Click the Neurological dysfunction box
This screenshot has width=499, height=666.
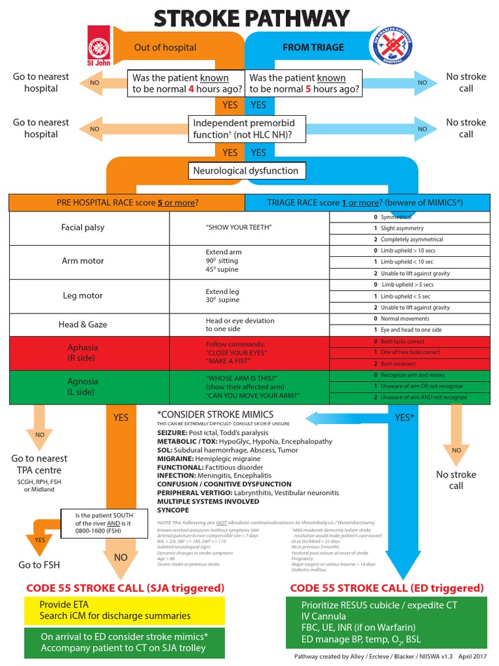[246, 171]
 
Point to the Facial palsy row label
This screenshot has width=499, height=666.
[83, 228]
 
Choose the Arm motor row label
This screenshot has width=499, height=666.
[83, 261]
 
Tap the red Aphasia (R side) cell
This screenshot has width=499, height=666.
[83, 353]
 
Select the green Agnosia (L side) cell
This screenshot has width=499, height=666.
[83, 386]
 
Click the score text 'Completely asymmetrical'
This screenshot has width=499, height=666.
[411, 239]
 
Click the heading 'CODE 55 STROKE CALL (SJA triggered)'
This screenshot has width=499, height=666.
[125, 588]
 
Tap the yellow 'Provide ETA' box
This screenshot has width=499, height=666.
[124, 610]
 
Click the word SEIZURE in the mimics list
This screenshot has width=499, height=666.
[172, 433]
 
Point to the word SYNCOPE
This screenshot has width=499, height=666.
[173, 511]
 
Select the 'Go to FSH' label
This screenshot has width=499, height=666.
[40, 565]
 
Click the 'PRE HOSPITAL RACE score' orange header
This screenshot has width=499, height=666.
[127, 202]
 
